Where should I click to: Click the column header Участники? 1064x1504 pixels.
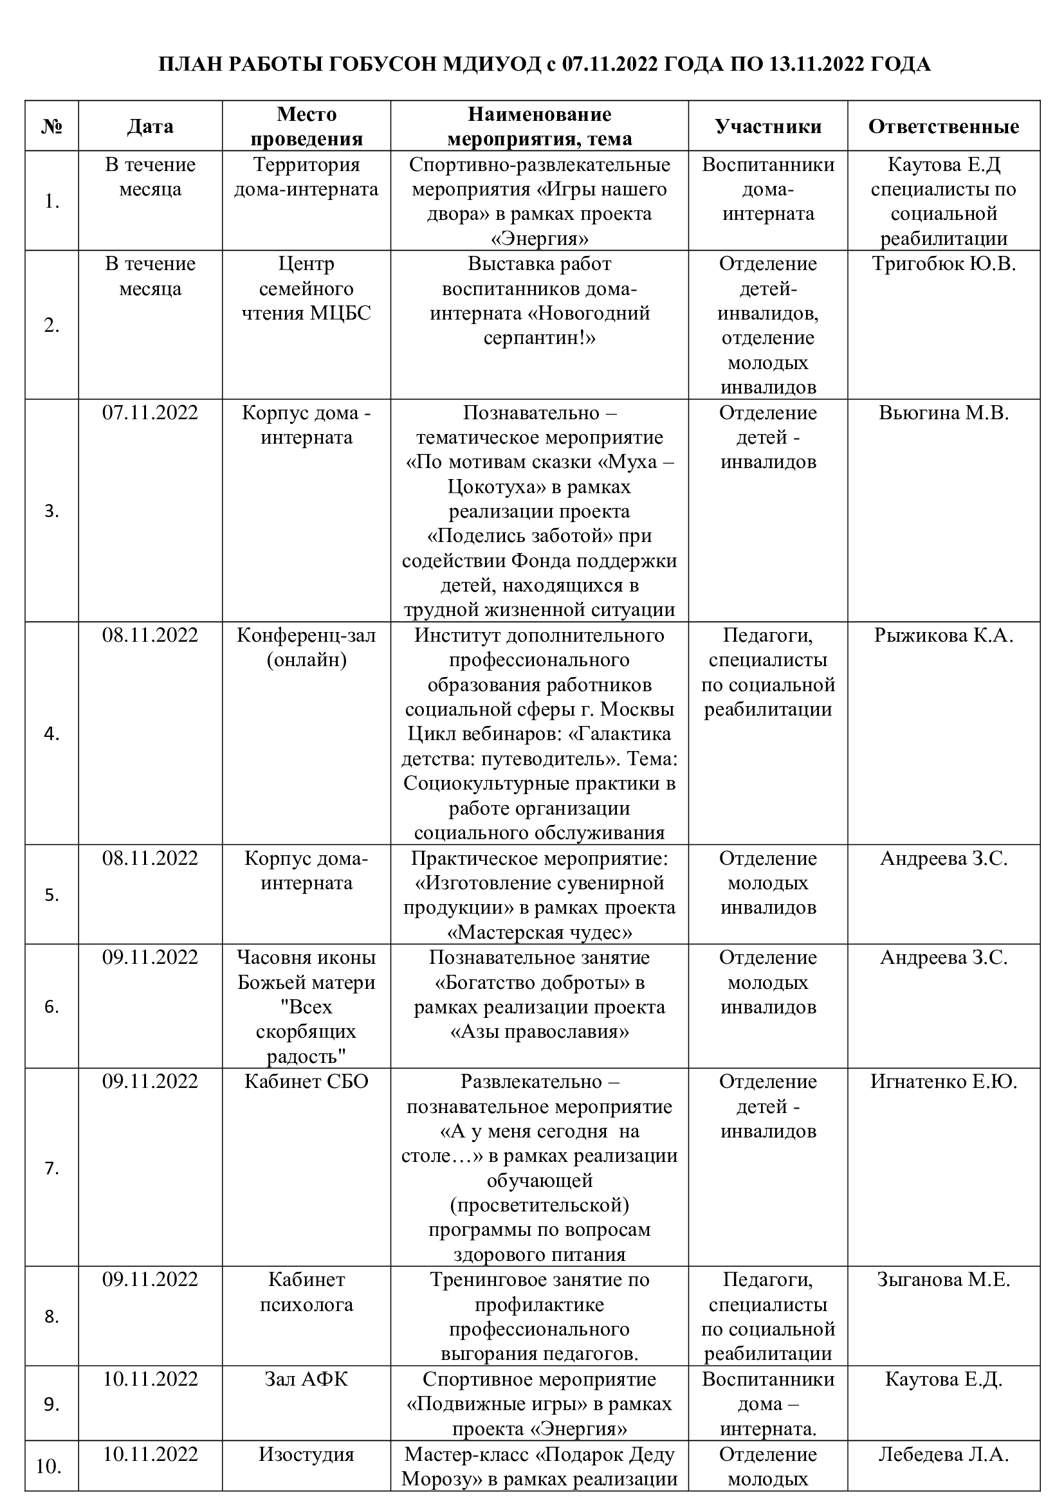pyautogui.click(x=768, y=127)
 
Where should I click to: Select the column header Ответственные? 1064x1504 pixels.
pyautogui.click(x=944, y=127)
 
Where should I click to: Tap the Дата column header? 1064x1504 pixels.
pyautogui.click(x=150, y=127)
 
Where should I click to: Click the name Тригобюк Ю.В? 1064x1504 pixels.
pyautogui.click(x=944, y=264)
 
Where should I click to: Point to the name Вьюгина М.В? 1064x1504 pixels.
pyautogui.click(x=944, y=413)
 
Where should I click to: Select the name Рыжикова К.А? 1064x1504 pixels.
pyautogui.click(x=944, y=635)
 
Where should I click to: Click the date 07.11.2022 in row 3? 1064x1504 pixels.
pyautogui.click(x=150, y=413)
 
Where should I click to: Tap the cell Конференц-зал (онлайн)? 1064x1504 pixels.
pyautogui.click(x=307, y=648)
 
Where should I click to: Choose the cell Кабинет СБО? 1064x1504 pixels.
pyautogui.click(x=307, y=1081)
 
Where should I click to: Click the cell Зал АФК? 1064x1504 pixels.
pyautogui.click(x=307, y=1379)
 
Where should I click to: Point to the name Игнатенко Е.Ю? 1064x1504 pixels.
pyautogui.click(x=944, y=1081)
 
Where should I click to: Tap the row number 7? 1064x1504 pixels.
pyautogui.click(x=51, y=1168)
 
